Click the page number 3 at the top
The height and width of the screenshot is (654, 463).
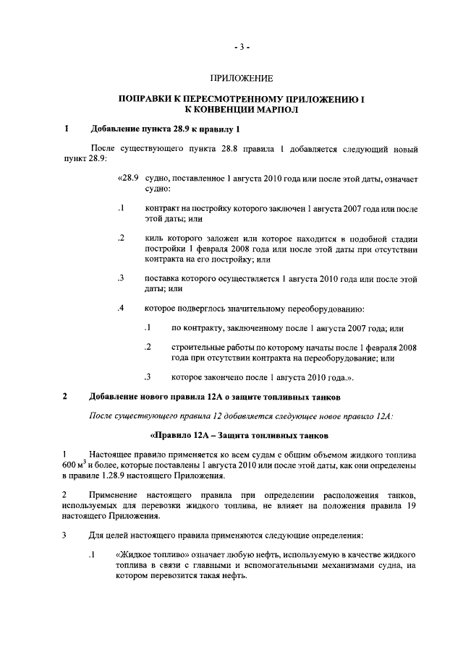(242, 48)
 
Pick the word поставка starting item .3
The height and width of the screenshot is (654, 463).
(163, 278)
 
